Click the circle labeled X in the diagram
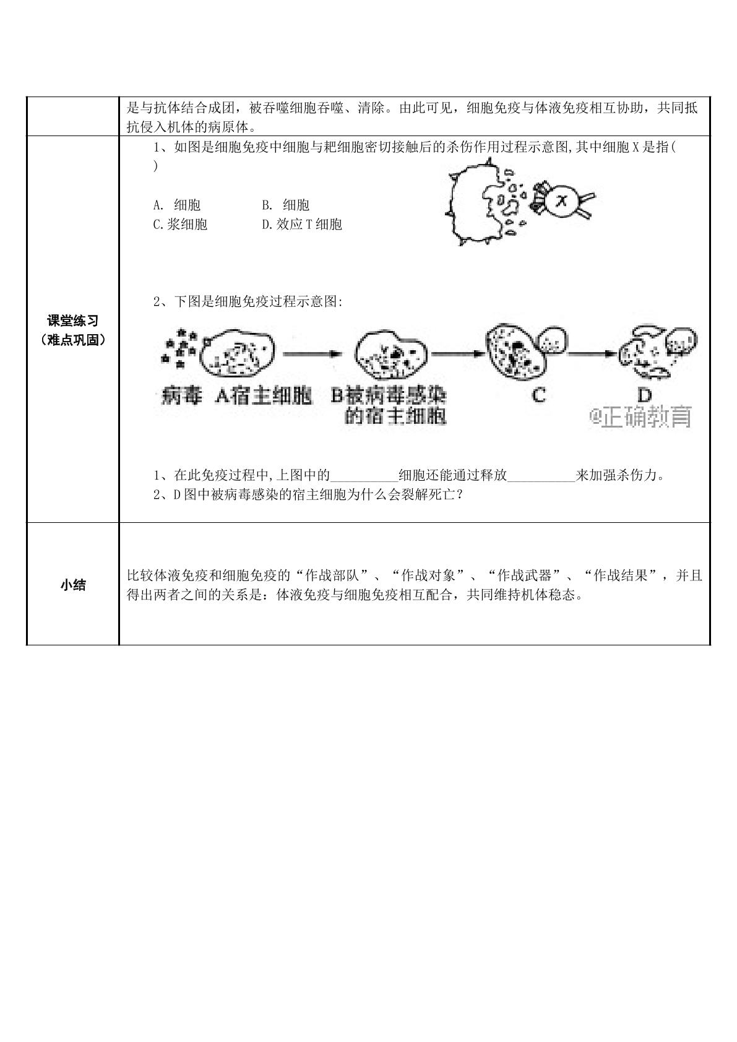coord(562,201)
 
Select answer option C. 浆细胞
coord(180,224)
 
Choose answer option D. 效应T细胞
coord(302,224)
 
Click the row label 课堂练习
coord(73,321)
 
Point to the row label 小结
coord(73,585)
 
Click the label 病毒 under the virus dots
coord(181,397)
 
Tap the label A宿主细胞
coord(264,397)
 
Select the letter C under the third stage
coord(539,395)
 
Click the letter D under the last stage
coord(644,395)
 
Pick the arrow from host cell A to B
coord(312,354)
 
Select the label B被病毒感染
coord(389,397)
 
